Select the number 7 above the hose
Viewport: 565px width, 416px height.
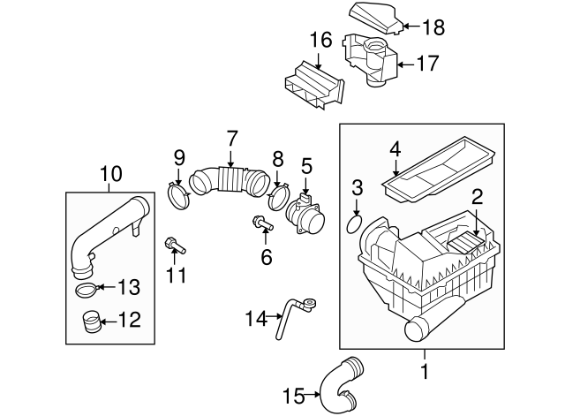tap(231, 138)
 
